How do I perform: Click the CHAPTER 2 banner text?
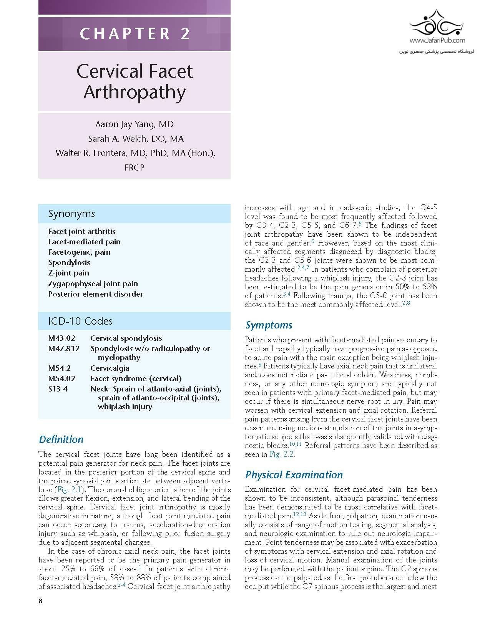click(x=135, y=34)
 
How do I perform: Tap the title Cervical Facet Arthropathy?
click(x=135, y=81)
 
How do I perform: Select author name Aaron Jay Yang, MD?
click(x=135, y=124)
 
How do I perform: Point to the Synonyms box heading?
click(x=71, y=214)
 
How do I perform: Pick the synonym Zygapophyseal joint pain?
click(x=93, y=284)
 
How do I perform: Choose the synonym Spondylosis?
click(x=69, y=263)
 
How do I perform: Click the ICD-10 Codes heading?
click(x=80, y=321)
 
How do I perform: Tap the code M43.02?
click(x=62, y=338)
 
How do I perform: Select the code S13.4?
click(x=58, y=389)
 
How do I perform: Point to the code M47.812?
click(x=64, y=348)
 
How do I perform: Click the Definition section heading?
click(x=61, y=440)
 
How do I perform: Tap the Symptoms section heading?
click(x=269, y=325)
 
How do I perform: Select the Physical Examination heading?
click(x=294, y=475)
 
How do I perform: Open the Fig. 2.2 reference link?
click(x=282, y=454)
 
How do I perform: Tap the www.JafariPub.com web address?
click(x=437, y=40)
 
